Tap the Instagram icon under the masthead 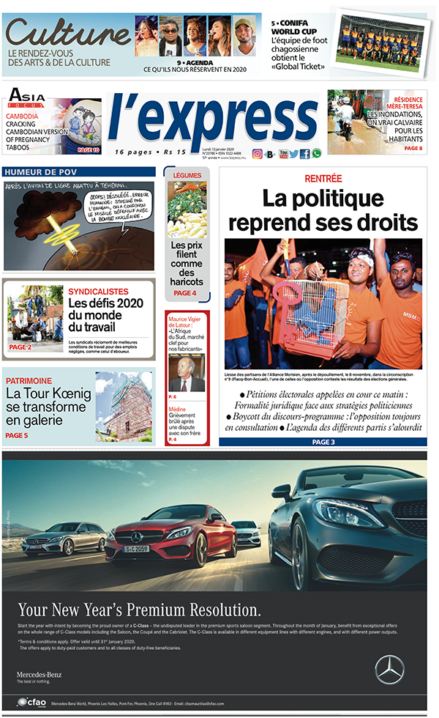(258, 154)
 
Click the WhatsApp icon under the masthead (316, 154)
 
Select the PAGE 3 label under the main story (323, 442)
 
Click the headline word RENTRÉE (323, 179)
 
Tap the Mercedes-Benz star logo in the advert (389, 669)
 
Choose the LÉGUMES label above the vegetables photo (187, 175)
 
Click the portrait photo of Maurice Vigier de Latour (187, 374)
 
